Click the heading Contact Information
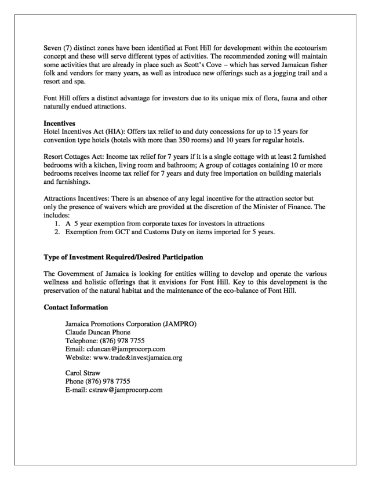click(x=75, y=307)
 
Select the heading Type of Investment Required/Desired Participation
click(x=123, y=256)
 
